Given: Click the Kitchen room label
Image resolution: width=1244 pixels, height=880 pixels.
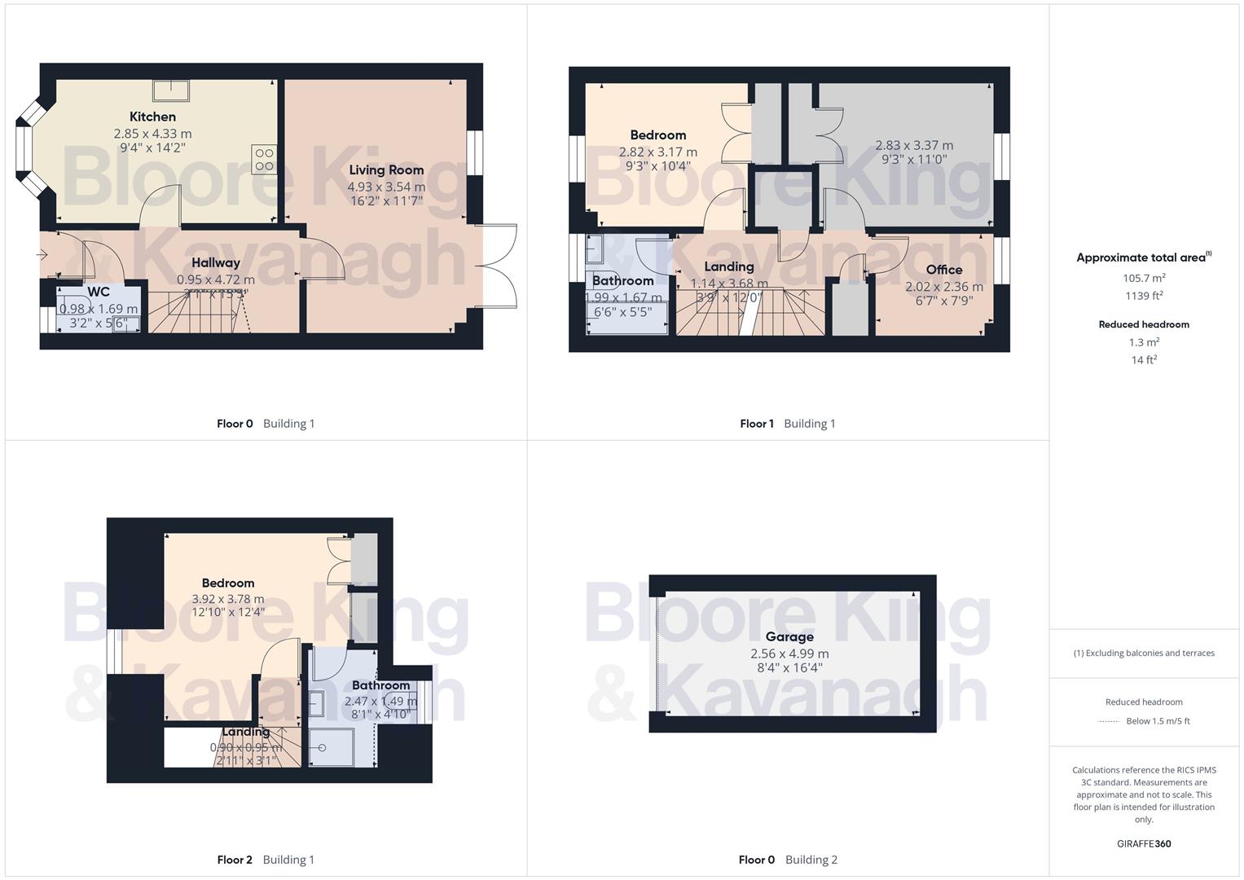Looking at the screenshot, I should [x=152, y=117].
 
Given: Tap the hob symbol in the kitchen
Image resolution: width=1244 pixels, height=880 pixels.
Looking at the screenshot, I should [x=264, y=159].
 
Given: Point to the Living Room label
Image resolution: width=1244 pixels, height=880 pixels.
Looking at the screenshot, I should [x=386, y=169].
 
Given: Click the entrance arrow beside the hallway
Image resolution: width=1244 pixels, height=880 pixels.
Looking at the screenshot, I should [x=42, y=255].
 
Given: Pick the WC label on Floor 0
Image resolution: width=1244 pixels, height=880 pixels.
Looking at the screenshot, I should [x=99, y=292].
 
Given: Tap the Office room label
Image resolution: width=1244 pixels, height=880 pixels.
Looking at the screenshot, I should [x=943, y=270].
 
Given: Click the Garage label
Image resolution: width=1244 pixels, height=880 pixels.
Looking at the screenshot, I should [x=789, y=636].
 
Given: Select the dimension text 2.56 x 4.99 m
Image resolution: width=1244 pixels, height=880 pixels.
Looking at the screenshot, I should [x=789, y=653].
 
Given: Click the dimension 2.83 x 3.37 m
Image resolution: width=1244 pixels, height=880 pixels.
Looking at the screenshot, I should [x=914, y=145].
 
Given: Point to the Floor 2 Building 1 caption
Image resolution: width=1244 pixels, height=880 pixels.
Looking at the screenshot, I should [x=266, y=860].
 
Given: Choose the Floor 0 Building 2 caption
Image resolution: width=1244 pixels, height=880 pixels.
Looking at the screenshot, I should [x=788, y=860].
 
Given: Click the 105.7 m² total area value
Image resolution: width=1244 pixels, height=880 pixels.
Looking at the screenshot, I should [x=1144, y=278].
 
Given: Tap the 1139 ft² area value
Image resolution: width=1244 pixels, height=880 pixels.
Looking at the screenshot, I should [x=1144, y=296].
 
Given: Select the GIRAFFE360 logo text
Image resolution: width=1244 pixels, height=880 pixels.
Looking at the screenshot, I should [x=1144, y=844].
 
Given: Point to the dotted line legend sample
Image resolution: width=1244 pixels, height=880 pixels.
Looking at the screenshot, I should [x=1109, y=721].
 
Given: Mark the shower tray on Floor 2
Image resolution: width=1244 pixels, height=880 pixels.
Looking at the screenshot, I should [x=331, y=746].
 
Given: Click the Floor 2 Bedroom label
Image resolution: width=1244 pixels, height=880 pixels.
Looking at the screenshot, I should [x=228, y=583].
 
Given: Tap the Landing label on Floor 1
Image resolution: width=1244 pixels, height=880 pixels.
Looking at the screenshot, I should [x=728, y=266].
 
